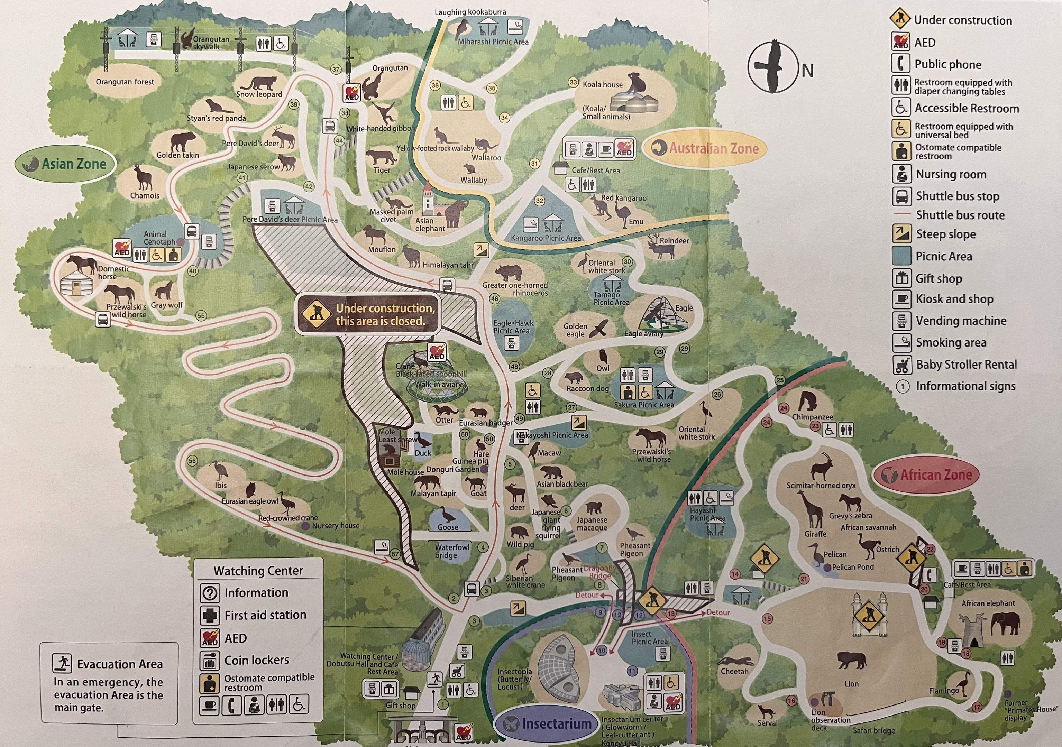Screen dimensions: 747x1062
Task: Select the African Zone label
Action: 926,475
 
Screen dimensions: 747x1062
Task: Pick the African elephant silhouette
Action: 1005,625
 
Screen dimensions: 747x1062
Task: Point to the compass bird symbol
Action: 773,67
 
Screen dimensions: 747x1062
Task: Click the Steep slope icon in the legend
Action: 901,234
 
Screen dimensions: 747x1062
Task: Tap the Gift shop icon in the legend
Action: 901,278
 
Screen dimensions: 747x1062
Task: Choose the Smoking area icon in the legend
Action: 901,343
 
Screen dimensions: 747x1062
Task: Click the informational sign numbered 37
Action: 336,70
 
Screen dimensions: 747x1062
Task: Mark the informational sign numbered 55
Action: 201,316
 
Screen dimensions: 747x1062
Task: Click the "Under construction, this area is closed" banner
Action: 368,314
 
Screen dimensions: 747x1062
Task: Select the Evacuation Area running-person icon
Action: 62,663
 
